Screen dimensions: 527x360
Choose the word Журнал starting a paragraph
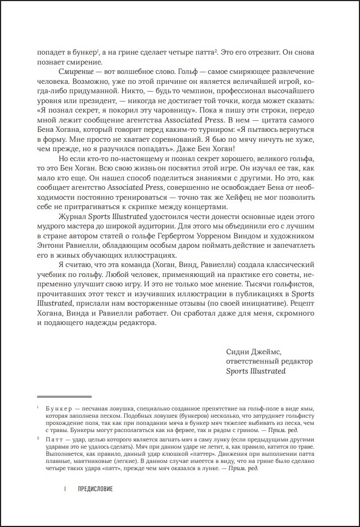pyautogui.click(x=72, y=219)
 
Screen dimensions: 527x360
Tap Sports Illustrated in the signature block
pyautogui.click(x=256, y=371)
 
